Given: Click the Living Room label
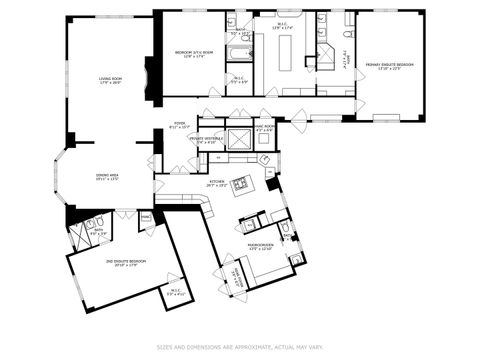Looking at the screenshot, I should (x=110, y=79).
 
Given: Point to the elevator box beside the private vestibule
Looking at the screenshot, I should (x=240, y=139).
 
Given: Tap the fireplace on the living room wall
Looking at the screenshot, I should (x=150, y=80).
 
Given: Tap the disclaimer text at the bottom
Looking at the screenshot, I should (x=240, y=347).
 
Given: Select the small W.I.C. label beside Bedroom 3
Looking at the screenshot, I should (x=239, y=79).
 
